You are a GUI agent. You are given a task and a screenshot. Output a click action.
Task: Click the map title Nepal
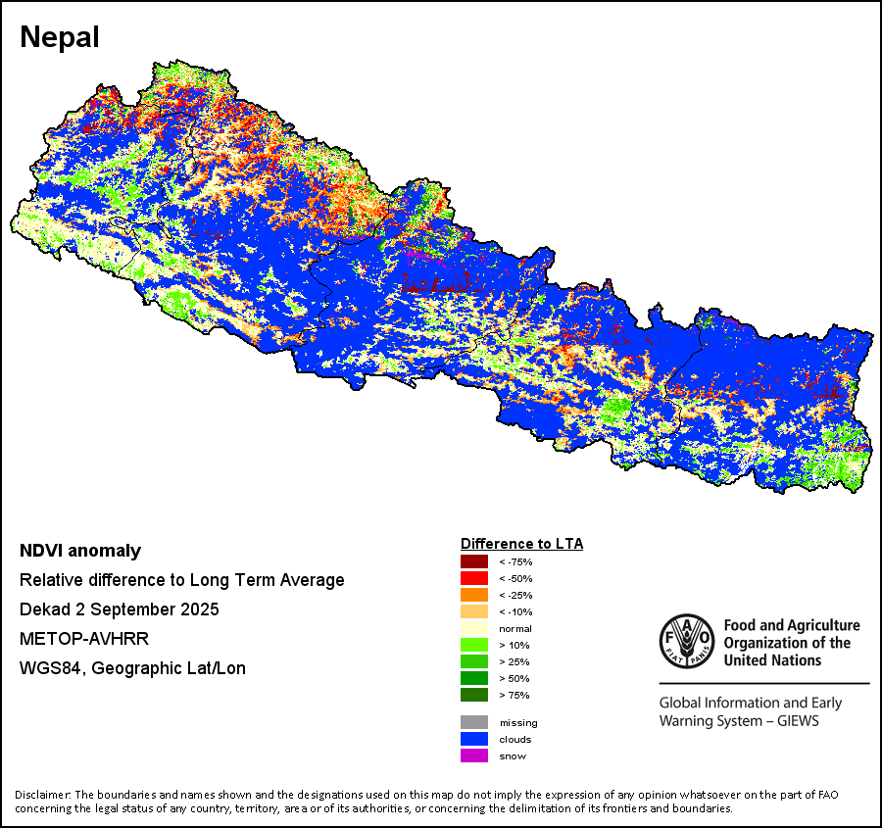60,38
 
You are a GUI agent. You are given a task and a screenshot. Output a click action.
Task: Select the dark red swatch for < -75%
474,561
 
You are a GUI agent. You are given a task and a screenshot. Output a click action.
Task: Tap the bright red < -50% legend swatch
474,578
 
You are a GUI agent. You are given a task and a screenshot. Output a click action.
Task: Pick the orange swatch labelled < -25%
474,595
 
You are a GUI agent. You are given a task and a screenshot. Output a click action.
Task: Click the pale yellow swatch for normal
474,628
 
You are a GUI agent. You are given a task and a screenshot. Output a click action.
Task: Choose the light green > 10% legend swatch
474,645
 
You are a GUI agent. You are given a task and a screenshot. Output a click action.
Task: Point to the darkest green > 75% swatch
474,695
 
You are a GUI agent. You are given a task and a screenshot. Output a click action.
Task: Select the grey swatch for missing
474,722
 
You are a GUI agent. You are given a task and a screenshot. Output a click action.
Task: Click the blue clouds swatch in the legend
474,739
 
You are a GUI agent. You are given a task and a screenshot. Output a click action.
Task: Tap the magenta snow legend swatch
474,755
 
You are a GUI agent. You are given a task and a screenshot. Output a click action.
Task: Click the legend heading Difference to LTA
521,543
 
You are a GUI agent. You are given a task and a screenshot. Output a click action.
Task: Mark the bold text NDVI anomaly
80,551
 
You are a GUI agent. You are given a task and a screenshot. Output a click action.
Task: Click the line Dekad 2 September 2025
119,609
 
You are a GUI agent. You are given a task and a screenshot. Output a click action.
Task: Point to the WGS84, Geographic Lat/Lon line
132,668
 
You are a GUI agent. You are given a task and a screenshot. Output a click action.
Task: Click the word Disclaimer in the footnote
42,794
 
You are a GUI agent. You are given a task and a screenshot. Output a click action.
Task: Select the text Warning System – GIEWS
739,721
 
